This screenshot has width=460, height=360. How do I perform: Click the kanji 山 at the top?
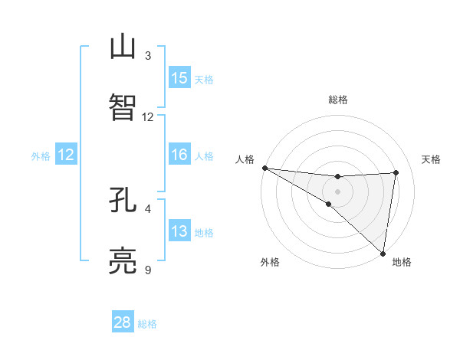point(123,47)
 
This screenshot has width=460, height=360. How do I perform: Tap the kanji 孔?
point(123,201)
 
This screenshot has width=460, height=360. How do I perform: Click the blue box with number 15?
point(179,78)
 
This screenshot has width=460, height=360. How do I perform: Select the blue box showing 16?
point(179,155)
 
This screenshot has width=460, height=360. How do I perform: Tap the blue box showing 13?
point(179,231)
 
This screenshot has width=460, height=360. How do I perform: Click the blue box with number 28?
point(123,322)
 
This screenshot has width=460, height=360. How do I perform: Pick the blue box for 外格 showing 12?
point(66,155)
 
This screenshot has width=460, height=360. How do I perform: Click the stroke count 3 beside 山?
point(148,56)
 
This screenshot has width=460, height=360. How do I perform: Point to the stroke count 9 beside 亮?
point(148,270)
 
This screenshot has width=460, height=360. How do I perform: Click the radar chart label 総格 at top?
point(338,100)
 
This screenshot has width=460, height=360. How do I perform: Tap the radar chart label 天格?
point(432,159)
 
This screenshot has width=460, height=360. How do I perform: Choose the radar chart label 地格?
point(402,262)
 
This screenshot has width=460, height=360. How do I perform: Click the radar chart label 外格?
point(270,262)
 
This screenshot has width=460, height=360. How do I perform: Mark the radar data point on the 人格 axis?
point(264,168)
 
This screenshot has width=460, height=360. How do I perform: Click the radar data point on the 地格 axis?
point(383,253)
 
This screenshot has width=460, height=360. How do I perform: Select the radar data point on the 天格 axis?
point(396,172)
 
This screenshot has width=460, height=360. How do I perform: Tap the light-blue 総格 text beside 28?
point(147,324)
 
